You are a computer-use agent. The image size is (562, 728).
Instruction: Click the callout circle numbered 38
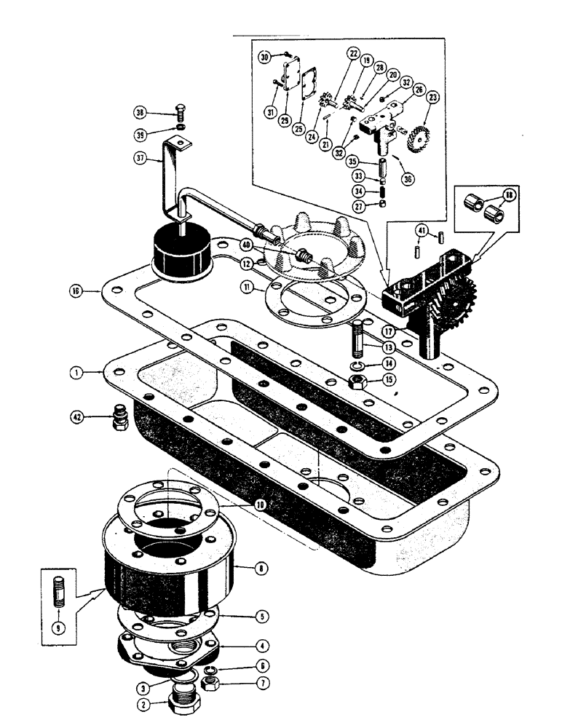coord(140,112)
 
